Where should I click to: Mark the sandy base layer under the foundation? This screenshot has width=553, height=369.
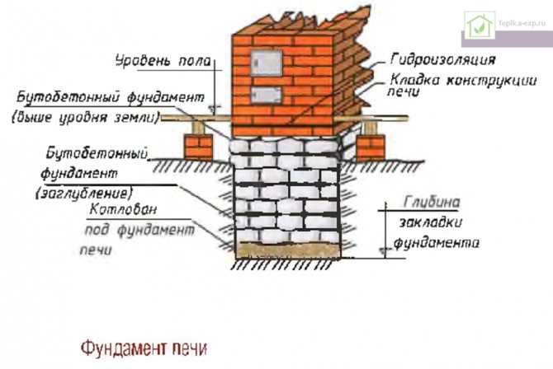[x=286, y=246]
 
